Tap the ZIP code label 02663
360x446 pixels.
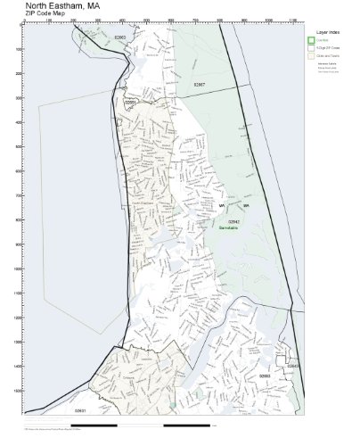point(120,37)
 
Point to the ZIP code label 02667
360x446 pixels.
point(200,84)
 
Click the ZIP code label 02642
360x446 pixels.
point(233,221)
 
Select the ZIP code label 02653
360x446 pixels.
point(264,376)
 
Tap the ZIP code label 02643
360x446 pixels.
point(293,366)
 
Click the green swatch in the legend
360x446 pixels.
point(310,41)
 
